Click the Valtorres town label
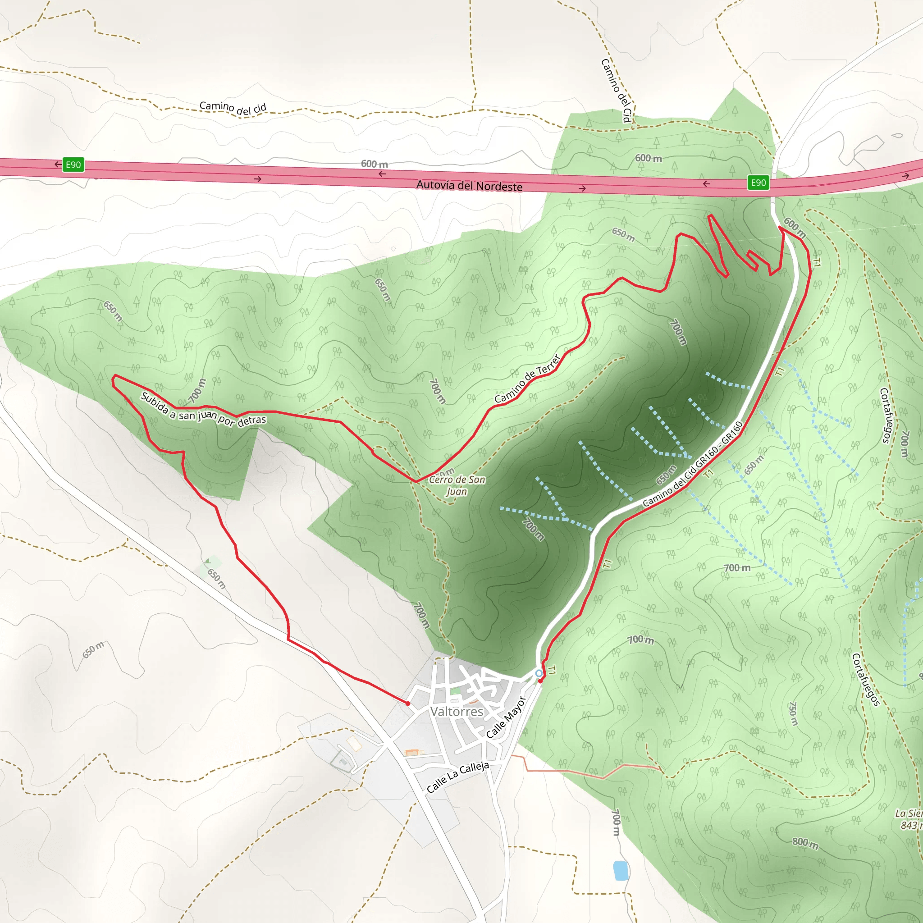tap(457, 712)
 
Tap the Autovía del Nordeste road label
tap(469, 185)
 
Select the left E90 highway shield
tap(73, 165)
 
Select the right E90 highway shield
tap(758, 183)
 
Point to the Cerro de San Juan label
tap(457, 485)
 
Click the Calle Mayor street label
tap(506, 717)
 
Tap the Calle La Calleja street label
tap(458, 777)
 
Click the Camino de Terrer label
tap(527, 379)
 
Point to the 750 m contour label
tap(793, 714)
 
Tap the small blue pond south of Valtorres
tap(620, 870)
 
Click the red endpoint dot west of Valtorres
tap(407, 704)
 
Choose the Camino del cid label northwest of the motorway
tap(233, 108)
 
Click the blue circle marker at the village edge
tap(539, 673)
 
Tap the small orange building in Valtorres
tap(414, 753)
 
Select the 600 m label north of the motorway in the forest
tap(648, 158)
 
